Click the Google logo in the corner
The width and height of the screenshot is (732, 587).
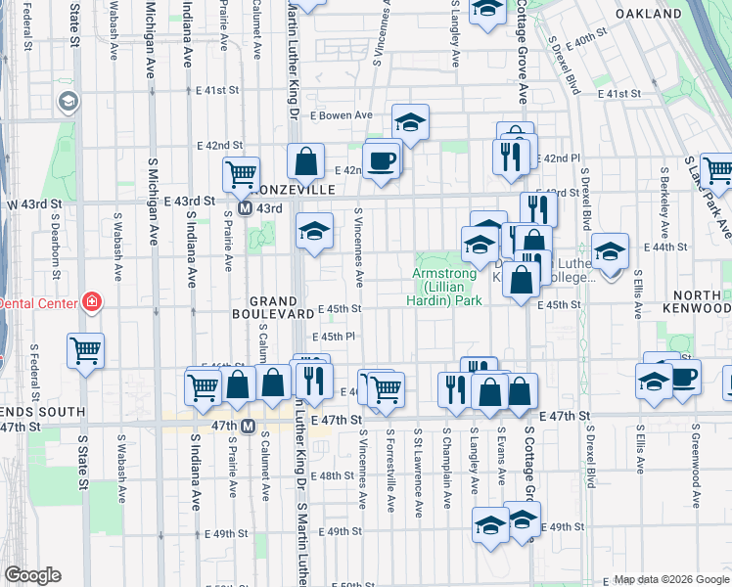click(33, 576)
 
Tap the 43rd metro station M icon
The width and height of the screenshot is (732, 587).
click(247, 208)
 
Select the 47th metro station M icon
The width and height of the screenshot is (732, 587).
click(248, 426)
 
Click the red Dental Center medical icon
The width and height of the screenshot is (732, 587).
click(91, 302)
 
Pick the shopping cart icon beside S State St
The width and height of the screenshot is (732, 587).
click(86, 349)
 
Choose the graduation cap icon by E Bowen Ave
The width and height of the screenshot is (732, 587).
click(411, 122)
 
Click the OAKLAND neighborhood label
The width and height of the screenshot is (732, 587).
click(648, 15)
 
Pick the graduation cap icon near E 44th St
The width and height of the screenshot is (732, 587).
click(610, 253)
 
